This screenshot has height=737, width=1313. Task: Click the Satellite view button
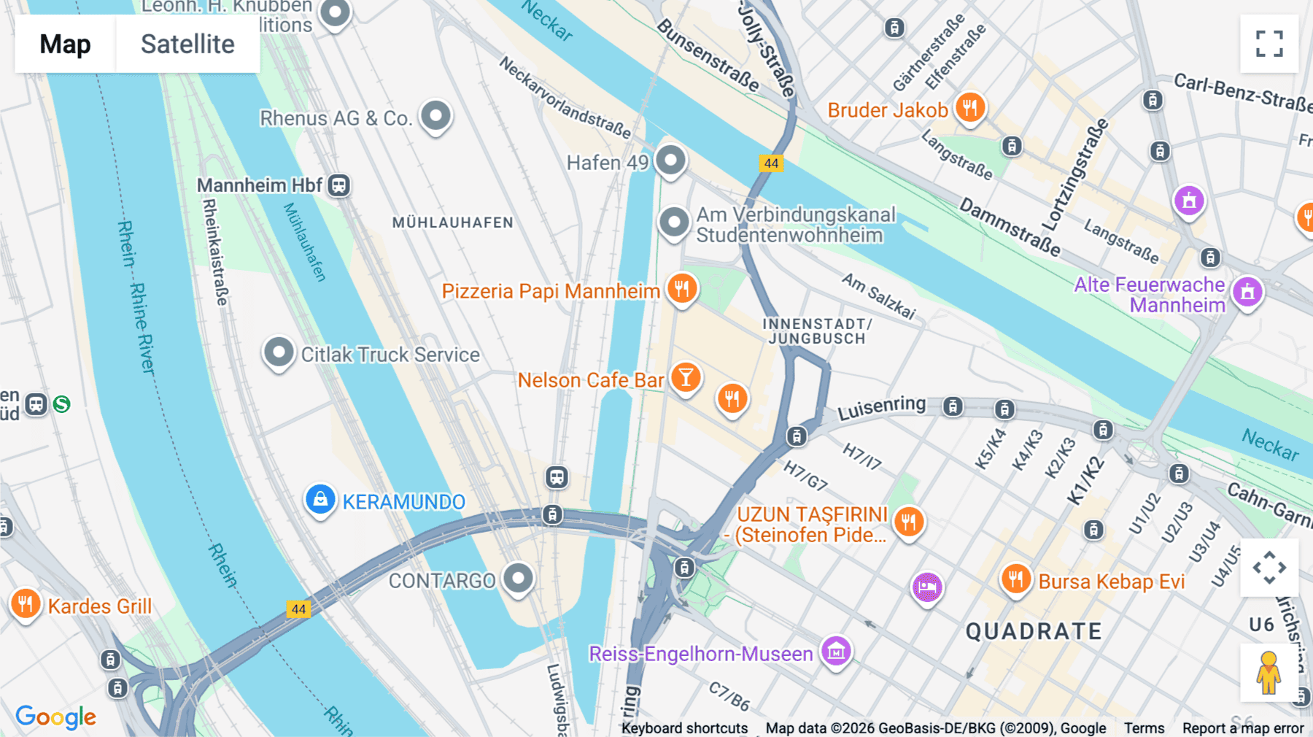point(187,44)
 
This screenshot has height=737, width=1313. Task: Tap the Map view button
point(65,44)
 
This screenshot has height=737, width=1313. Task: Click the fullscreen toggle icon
point(1269,44)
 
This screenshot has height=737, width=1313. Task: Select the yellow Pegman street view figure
point(1269,672)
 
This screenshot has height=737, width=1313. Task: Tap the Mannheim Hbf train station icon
point(338,185)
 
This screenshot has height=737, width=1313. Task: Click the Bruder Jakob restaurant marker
point(969,108)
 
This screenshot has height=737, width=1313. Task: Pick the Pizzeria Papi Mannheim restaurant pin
point(682,288)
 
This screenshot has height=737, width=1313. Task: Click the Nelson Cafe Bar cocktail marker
point(686,377)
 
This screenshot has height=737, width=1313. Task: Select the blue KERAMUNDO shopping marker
point(320,500)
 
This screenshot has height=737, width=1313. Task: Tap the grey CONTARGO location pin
point(519,578)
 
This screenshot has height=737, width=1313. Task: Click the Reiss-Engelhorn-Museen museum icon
point(836,650)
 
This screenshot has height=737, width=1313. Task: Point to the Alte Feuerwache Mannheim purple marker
point(1247,292)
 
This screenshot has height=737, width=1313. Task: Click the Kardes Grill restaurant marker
point(26,604)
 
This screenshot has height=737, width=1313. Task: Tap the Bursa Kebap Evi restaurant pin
point(1015,579)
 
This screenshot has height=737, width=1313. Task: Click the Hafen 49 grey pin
point(670,160)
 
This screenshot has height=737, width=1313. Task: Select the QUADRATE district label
point(1034,631)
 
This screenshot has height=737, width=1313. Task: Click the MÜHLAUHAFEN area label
point(452,223)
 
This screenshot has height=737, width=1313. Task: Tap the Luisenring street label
point(881,408)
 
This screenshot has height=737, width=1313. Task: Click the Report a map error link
point(1243,728)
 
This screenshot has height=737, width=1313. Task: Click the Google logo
point(56,717)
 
